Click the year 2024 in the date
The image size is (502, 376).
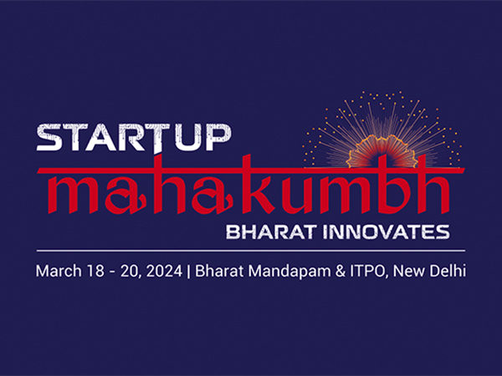tap(166, 271)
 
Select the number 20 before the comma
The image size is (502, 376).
tap(131, 271)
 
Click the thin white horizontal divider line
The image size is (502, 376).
tap(251, 249)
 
